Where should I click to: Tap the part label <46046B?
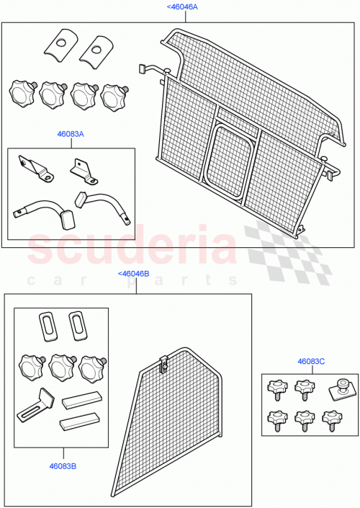[132, 274]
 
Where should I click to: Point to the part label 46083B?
[62, 466]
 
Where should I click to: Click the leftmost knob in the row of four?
[22, 92]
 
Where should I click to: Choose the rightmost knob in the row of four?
[113, 94]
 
